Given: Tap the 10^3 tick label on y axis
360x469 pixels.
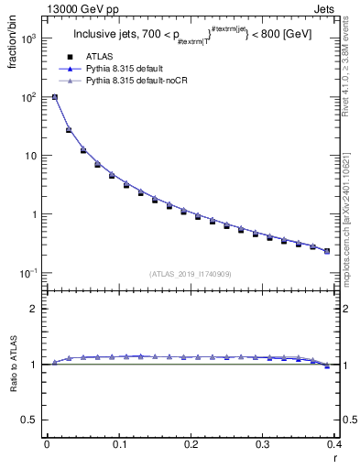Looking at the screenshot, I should (x=27, y=38).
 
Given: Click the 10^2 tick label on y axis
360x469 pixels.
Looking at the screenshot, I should (x=27, y=97).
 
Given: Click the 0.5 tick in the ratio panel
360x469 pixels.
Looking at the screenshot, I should (x=30, y=420).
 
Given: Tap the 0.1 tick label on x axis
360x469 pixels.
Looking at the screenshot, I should (x=119, y=444).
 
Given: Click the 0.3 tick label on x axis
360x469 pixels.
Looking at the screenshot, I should (x=263, y=444).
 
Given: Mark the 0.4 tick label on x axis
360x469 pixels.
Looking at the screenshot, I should (x=334, y=444).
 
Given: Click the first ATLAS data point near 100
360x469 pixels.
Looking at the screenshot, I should (x=55, y=97).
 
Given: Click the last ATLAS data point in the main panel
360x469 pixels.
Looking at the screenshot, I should (x=327, y=251).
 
